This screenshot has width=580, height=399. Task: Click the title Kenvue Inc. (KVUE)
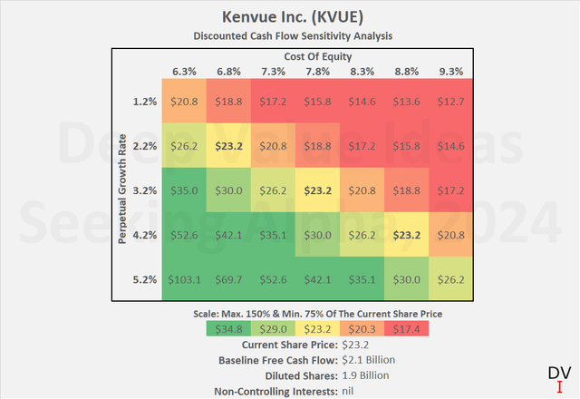(290, 17)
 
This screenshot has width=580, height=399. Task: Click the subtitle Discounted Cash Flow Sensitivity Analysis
(290, 36)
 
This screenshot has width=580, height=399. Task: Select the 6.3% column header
(185, 71)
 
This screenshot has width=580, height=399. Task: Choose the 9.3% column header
(449, 71)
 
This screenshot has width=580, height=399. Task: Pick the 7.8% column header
(317, 71)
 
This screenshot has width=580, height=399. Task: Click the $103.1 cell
(185, 280)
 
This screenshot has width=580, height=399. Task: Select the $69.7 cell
(229, 280)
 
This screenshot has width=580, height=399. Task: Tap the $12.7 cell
(449, 102)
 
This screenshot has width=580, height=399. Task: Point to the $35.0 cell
(185, 191)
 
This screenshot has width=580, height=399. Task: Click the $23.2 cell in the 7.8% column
(317, 191)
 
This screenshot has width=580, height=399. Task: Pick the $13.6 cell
(405, 102)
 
